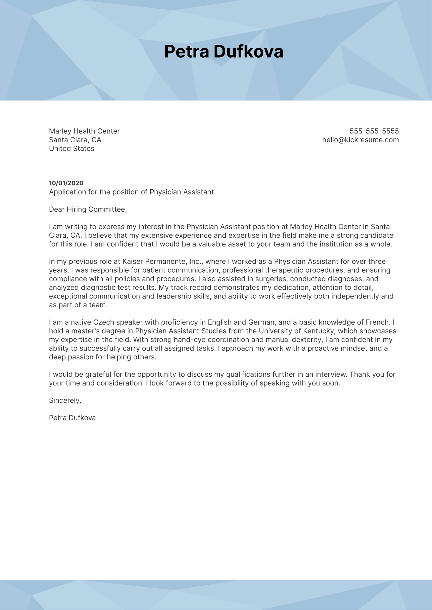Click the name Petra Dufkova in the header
[224, 52]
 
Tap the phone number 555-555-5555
[374, 131]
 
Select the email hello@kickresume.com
[360, 140]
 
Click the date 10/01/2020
[66, 183]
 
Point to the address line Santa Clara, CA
[75, 140]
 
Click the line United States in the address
[72, 149]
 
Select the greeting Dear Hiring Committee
[88, 210]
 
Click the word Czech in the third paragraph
[104, 322]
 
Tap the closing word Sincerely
[65, 400]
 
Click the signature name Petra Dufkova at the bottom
[72, 418]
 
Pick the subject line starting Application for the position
[131, 192]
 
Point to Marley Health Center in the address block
[84, 131]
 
